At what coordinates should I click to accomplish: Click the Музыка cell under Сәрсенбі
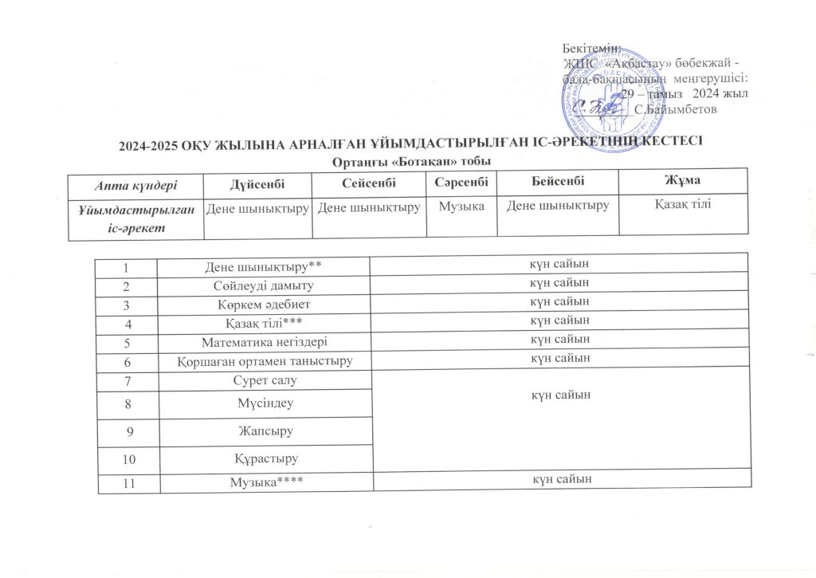(x=462, y=206)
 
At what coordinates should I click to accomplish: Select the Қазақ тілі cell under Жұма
(x=683, y=206)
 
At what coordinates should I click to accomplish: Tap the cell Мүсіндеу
(x=265, y=403)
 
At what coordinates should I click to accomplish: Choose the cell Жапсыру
(x=265, y=431)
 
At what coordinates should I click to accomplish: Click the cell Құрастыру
(x=265, y=459)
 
